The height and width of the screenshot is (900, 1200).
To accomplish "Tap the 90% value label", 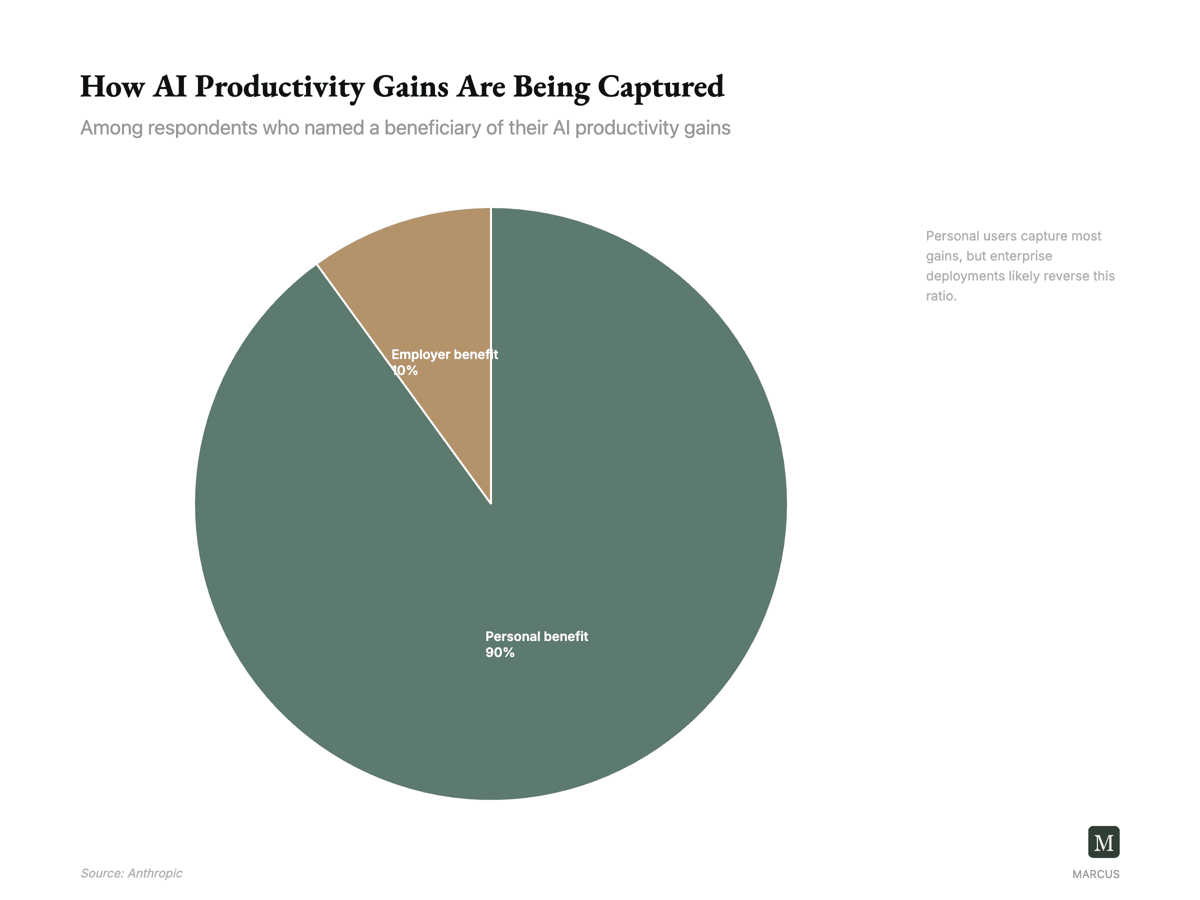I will (499, 652).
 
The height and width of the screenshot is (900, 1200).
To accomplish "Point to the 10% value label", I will (405, 371).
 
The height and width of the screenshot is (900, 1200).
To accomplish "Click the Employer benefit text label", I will (444, 355).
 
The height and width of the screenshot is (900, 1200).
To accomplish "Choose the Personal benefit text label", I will (536, 636).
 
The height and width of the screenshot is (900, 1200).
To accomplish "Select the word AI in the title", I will (170, 87).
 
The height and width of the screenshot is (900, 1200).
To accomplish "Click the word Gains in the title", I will (410, 87).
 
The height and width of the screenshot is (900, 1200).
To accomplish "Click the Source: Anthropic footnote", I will (131, 873).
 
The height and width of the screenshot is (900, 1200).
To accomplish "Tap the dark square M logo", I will (1103, 842).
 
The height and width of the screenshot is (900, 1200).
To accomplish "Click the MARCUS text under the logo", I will (1095, 874).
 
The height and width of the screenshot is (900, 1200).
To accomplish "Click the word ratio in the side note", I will (940, 296).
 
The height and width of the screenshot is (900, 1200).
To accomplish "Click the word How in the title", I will (112, 87).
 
